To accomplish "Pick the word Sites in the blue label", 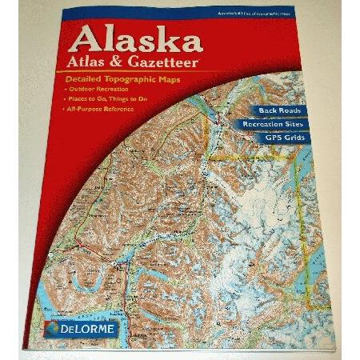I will tap(299, 125).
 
